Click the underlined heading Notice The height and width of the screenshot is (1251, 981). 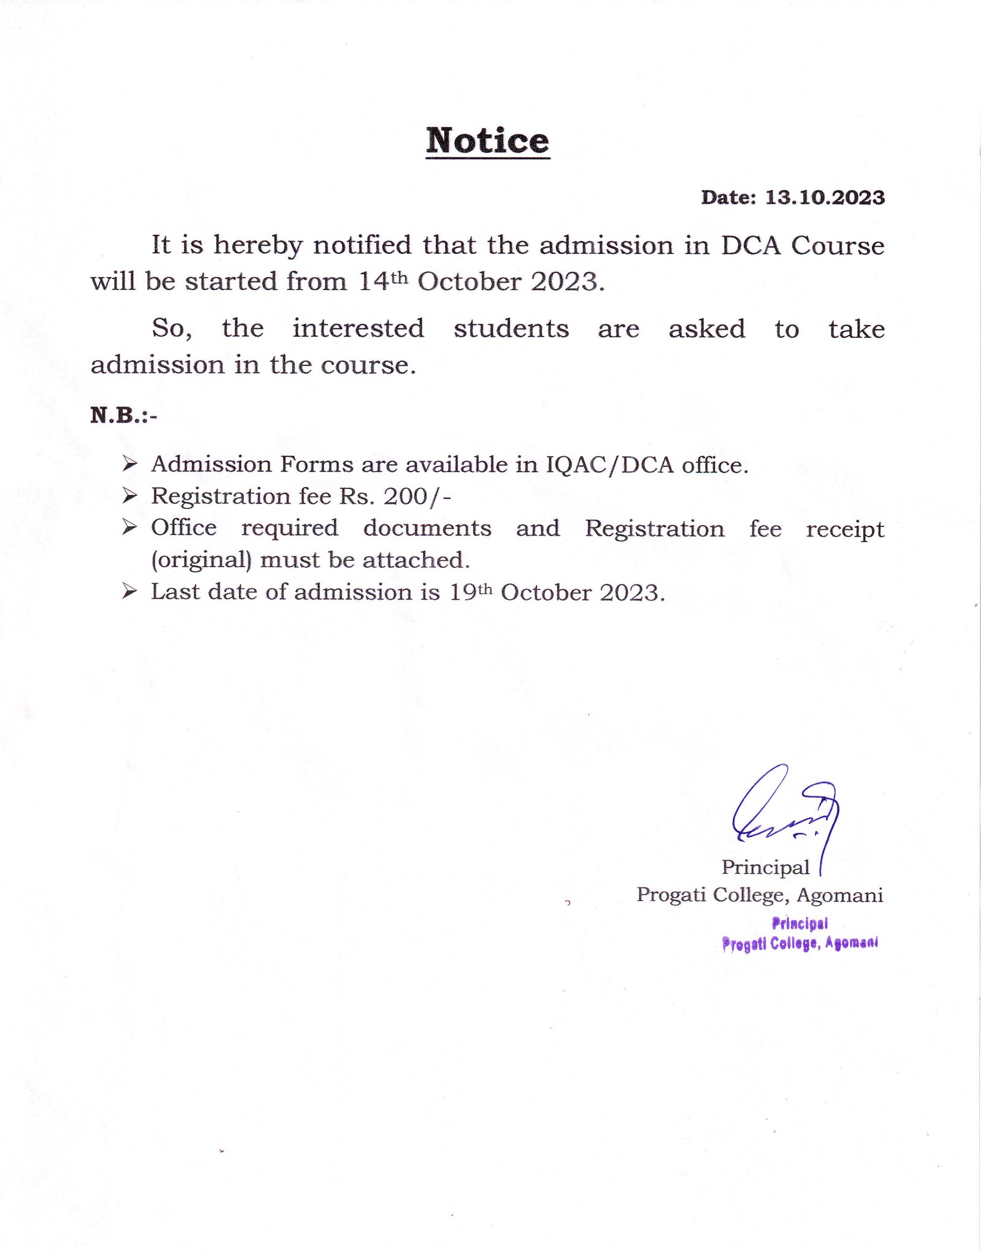(487, 141)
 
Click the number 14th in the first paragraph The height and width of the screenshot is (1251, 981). (383, 281)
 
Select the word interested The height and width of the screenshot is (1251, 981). (358, 329)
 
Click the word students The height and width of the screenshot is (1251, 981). (511, 329)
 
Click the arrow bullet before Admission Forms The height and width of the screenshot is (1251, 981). (129, 464)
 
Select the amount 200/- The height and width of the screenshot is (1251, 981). (418, 496)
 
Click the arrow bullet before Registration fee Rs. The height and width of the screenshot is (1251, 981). (129, 495)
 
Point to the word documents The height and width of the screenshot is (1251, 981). (427, 528)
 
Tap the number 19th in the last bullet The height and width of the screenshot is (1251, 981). (470, 592)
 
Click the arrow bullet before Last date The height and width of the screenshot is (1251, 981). (129, 591)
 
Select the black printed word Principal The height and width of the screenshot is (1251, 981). (765, 867)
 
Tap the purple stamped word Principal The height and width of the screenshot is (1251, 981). (800, 923)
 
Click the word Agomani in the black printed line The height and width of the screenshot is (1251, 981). (839, 895)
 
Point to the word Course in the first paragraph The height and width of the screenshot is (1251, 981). (838, 245)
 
